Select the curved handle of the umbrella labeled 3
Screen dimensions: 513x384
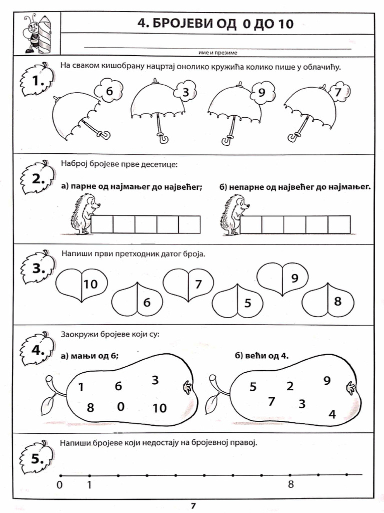point(162,137)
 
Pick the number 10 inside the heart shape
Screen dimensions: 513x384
point(90,285)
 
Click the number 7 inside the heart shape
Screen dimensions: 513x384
point(198,285)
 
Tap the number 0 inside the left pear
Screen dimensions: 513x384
point(120,406)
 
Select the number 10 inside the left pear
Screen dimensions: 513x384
point(159,408)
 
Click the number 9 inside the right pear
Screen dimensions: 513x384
point(327,381)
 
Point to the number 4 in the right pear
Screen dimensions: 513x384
point(332,414)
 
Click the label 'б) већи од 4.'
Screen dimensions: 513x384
point(261,356)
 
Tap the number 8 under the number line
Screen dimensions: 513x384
point(290,484)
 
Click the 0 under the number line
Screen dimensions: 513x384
point(60,484)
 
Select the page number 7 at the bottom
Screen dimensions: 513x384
point(193,505)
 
